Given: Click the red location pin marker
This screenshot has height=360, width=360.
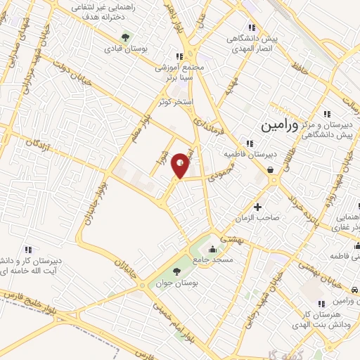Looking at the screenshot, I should (181, 165).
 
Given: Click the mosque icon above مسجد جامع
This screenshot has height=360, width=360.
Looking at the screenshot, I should (212, 248).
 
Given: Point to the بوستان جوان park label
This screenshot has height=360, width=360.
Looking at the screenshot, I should (176, 283).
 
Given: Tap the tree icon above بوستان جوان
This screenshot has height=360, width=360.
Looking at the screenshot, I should (176, 271).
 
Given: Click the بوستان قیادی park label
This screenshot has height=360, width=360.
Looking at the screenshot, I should (124, 49).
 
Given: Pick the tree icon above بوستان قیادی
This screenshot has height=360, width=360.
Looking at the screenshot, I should (125, 37).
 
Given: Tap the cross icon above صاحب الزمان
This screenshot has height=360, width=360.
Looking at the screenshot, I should (258, 207).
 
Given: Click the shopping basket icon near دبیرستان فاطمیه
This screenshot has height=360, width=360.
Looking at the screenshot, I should (271, 169).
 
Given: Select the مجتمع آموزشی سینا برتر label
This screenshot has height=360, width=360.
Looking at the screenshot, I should (178, 71).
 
